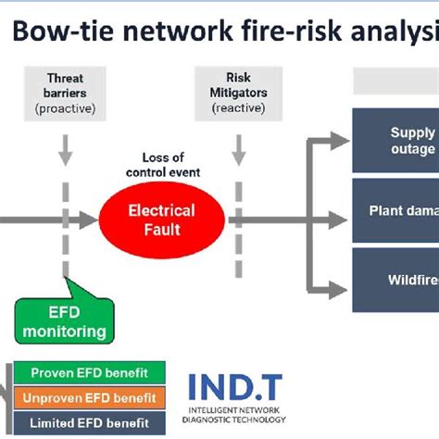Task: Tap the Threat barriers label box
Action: tap(65, 94)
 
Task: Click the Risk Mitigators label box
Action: tap(238, 94)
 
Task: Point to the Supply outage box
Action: tap(395, 141)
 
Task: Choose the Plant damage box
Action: tap(395, 209)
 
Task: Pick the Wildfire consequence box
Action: tap(395, 279)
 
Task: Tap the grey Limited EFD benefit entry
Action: tap(90, 423)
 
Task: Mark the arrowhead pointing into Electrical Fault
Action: tap(89, 220)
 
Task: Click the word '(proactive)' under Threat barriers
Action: tap(65, 108)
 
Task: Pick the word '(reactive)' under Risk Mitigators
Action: tap(238, 108)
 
